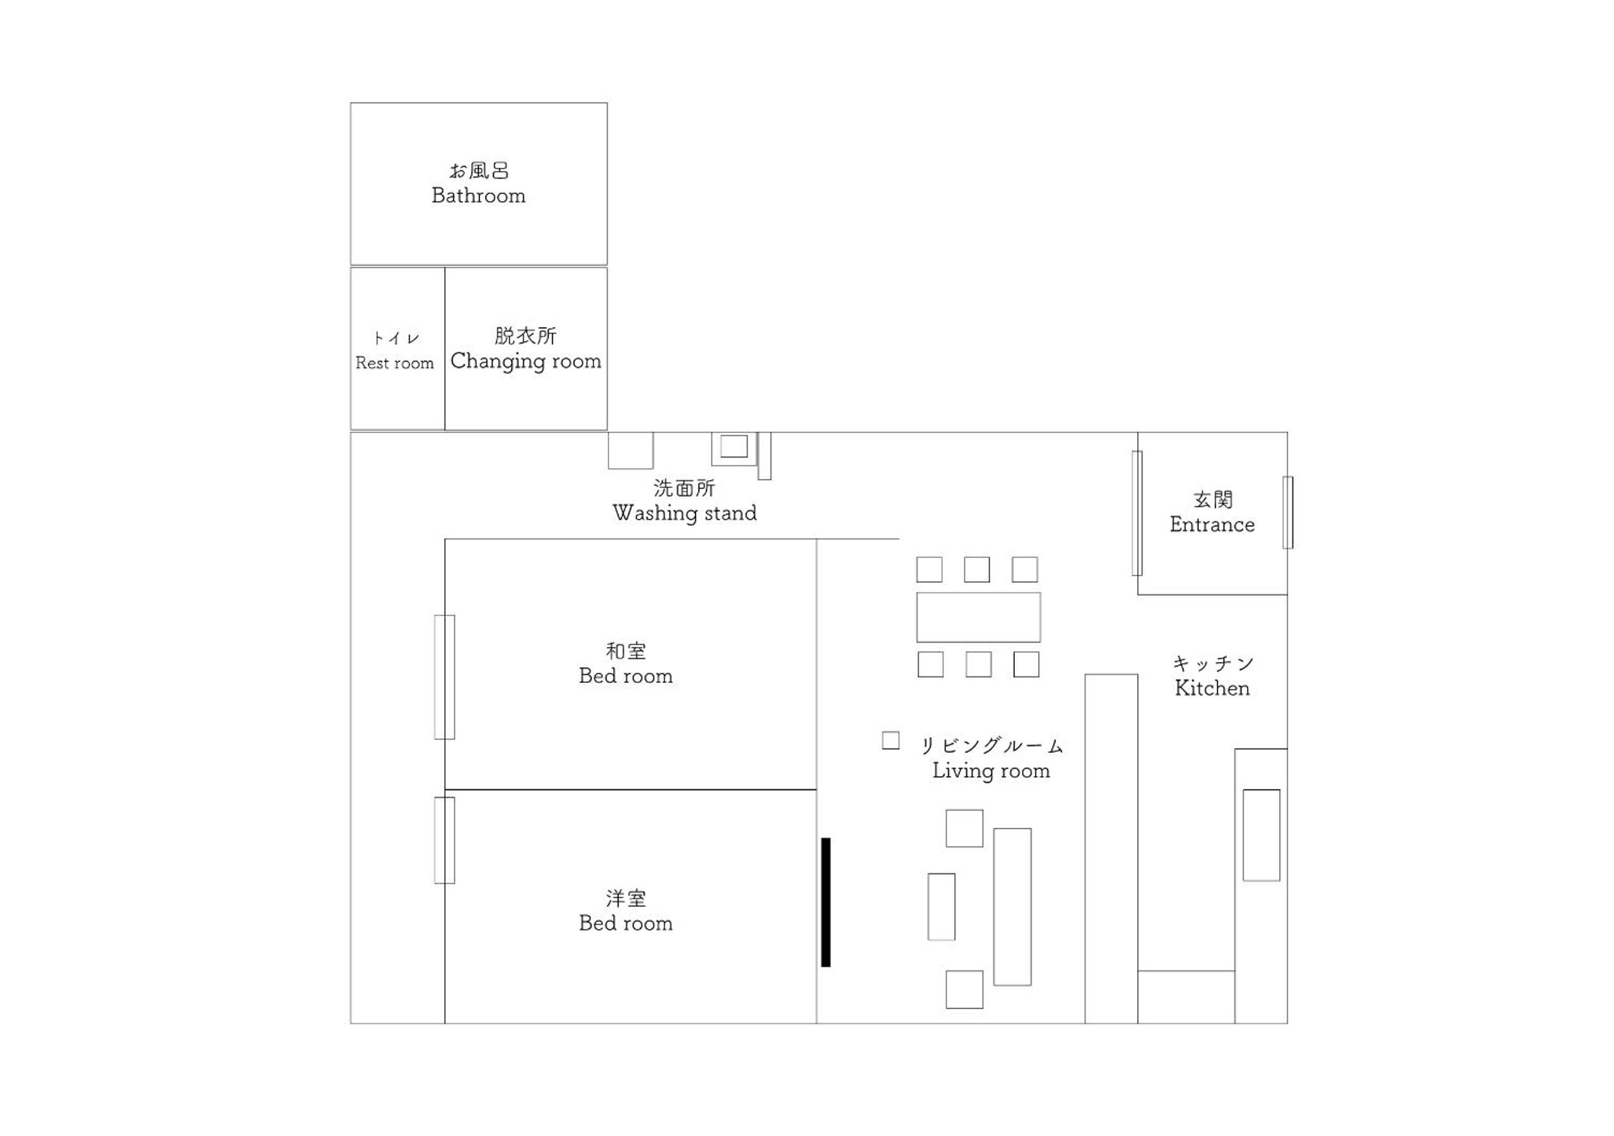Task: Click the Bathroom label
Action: pos(479,196)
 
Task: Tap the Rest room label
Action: pos(394,363)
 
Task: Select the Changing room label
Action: pos(526,362)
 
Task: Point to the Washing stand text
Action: pos(685,513)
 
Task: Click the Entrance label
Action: pos(1212,524)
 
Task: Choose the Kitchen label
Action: pos(1212,688)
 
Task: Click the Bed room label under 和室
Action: pos(626,676)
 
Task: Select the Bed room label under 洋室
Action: pos(626,923)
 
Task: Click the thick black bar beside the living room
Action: pos(826,902)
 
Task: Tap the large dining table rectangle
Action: pos(978,617)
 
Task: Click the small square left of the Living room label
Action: pos(891,741)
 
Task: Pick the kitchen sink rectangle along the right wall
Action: pos(1261,835)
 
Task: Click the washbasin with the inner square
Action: pos(734,449)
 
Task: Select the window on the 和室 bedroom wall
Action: pos(444,677)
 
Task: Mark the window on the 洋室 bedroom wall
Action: pos(444,840)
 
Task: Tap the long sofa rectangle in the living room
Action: pos(1012,907)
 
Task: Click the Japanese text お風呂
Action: pos(479,171)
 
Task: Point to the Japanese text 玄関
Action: pos(1213,500)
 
